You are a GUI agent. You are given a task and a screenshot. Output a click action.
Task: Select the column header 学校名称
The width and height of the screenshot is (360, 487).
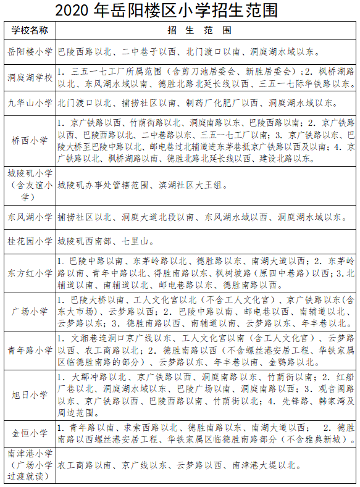click(x=30, y=30)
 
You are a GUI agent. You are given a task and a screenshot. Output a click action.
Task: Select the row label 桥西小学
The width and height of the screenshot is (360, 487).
click(x=30, y=140)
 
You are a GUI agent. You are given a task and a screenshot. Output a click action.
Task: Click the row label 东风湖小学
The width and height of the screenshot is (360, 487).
click(x=30, y=217)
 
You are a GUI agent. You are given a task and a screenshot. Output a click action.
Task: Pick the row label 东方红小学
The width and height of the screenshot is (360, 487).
click(x=30, y=273)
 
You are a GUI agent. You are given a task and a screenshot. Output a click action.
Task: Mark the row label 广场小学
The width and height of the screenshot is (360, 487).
click(x=30, y=311)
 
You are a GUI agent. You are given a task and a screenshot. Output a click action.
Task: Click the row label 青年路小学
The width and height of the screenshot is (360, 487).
click(x=30, y=350)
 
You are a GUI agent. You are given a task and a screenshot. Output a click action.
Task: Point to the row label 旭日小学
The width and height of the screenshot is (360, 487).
click(x=30, y=394)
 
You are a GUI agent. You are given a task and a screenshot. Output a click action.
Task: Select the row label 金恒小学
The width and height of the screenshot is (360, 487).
click(x=30, y=433)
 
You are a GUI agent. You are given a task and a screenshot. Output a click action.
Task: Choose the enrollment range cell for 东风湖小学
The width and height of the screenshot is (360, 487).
click(x=198, y=217)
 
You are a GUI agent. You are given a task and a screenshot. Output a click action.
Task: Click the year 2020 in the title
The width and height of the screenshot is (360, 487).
click(x=73, y=10)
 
